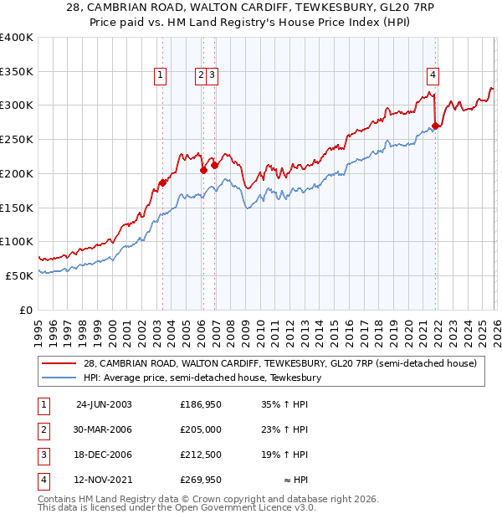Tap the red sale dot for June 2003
(162, 182)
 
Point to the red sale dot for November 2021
(435, 126)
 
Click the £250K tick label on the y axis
(17, 140)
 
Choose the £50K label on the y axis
(20, 275)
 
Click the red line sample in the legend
(60, 363)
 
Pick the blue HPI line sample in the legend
(60, 378)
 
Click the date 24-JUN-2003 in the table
(104, 404)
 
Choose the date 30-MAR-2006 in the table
(104, 429)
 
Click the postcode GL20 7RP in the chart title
(368, 7)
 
